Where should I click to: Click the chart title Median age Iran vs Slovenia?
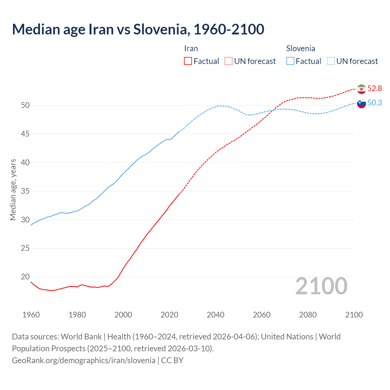pos(138,29)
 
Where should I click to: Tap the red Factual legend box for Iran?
pos(188,61)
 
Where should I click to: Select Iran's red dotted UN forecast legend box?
pos(229,61)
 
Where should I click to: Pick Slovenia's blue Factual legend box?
pos(290,61)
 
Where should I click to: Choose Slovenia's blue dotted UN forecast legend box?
pos(331,61)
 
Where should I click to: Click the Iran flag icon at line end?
pos(361,89)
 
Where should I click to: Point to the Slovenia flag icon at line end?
pos(361,104)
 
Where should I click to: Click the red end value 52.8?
pos(374,89)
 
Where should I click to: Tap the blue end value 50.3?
pos(374,103)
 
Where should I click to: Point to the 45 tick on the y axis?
pos(25,134)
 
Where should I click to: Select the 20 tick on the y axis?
pos(25,277)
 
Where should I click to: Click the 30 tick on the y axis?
pos(25,220)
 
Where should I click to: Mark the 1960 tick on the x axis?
pos(31,315)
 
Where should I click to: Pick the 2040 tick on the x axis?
pos(215,315)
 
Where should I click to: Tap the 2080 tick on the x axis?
pos(308,315)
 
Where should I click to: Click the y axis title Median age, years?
pos(13,190)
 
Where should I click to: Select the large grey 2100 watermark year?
pos(321,286)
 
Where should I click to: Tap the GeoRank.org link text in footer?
pos(83,360)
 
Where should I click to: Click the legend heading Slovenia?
pos(300,48)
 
